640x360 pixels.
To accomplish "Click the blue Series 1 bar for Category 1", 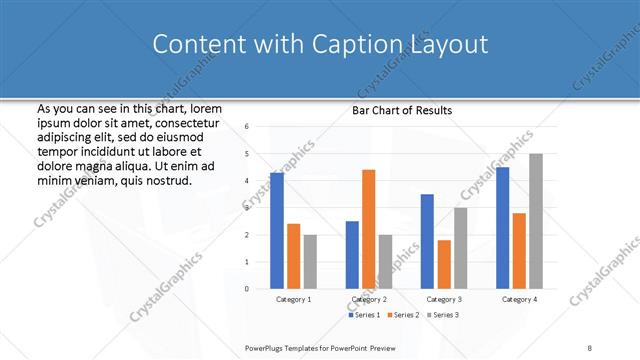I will pos(277,231).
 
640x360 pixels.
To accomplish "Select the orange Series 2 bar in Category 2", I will pos(368,229).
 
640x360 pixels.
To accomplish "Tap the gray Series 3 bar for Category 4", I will pos(536,221).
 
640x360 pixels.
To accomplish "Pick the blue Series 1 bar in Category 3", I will pos(427,241).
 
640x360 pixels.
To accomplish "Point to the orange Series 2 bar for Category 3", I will pos(444,264).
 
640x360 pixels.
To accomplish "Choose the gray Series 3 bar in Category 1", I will pos(310,262).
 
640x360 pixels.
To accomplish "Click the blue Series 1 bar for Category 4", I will pos(502,228).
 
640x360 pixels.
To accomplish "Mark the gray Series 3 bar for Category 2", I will pos(385,262).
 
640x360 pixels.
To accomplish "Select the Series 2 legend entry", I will pos(404,315).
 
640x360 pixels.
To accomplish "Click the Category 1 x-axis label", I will pos(293,299).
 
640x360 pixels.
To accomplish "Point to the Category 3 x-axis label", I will pos(444,299).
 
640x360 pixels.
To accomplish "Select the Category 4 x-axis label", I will pos(519,299).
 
